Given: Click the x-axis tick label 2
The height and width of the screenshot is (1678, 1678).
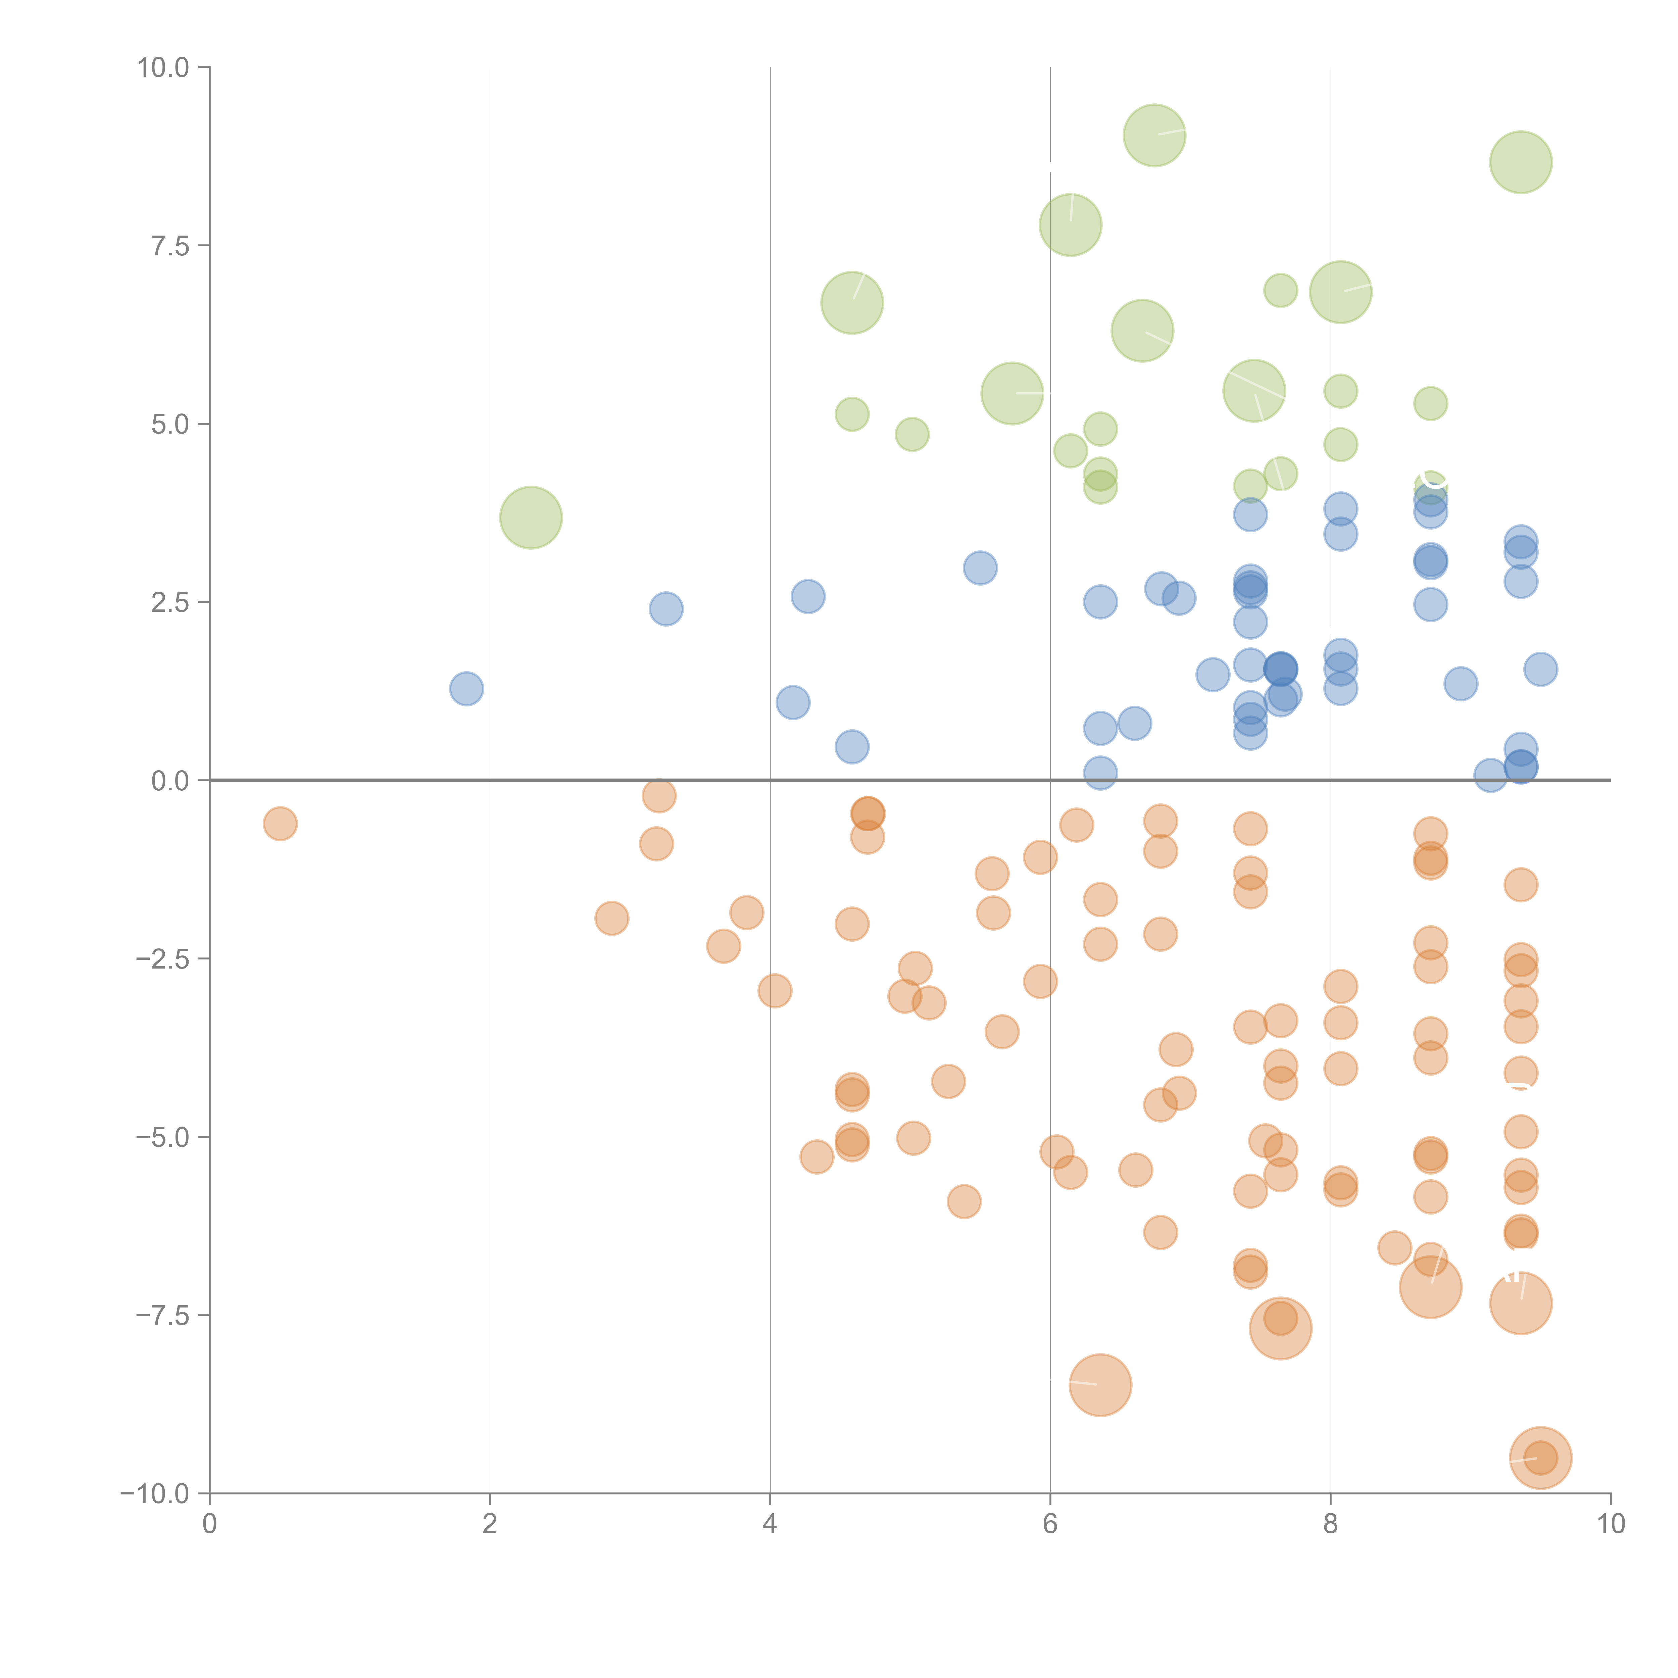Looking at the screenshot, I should [490, 1524].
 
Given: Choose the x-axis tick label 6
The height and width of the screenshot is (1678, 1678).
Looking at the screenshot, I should [1050, 1524].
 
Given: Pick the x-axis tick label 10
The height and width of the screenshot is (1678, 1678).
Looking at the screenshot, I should [1610, 1524].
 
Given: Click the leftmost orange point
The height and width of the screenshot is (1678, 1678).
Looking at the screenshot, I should [280, 823].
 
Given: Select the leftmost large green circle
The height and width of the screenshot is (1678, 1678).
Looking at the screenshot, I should [531, 517].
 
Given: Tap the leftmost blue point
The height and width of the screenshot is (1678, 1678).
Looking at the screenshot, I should [466, 689].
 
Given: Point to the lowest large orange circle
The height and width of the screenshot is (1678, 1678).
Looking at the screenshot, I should [1540, 1458].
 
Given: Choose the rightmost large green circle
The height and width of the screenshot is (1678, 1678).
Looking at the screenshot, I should [1521, 162].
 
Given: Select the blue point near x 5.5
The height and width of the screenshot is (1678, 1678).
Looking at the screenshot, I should [980, 568].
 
